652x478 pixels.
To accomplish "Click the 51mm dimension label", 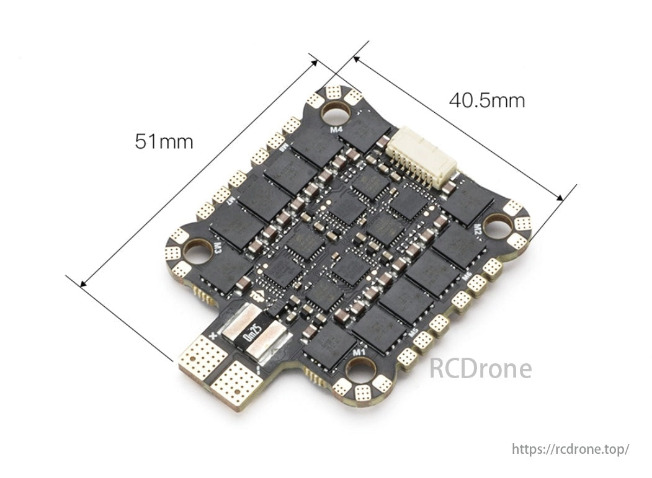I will [x=164, y=142].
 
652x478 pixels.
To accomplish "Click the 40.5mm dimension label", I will [x=487, y=100].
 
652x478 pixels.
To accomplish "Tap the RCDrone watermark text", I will [x=481, y=369].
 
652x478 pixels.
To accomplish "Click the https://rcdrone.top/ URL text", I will [x=571, y=448].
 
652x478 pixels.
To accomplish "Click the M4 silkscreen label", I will [x=336, y=130].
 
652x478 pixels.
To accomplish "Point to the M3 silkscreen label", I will [x=218, y=247].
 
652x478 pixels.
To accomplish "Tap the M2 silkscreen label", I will [x=478, y=230].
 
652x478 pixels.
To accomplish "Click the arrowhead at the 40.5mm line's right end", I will [x=560, y=198].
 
